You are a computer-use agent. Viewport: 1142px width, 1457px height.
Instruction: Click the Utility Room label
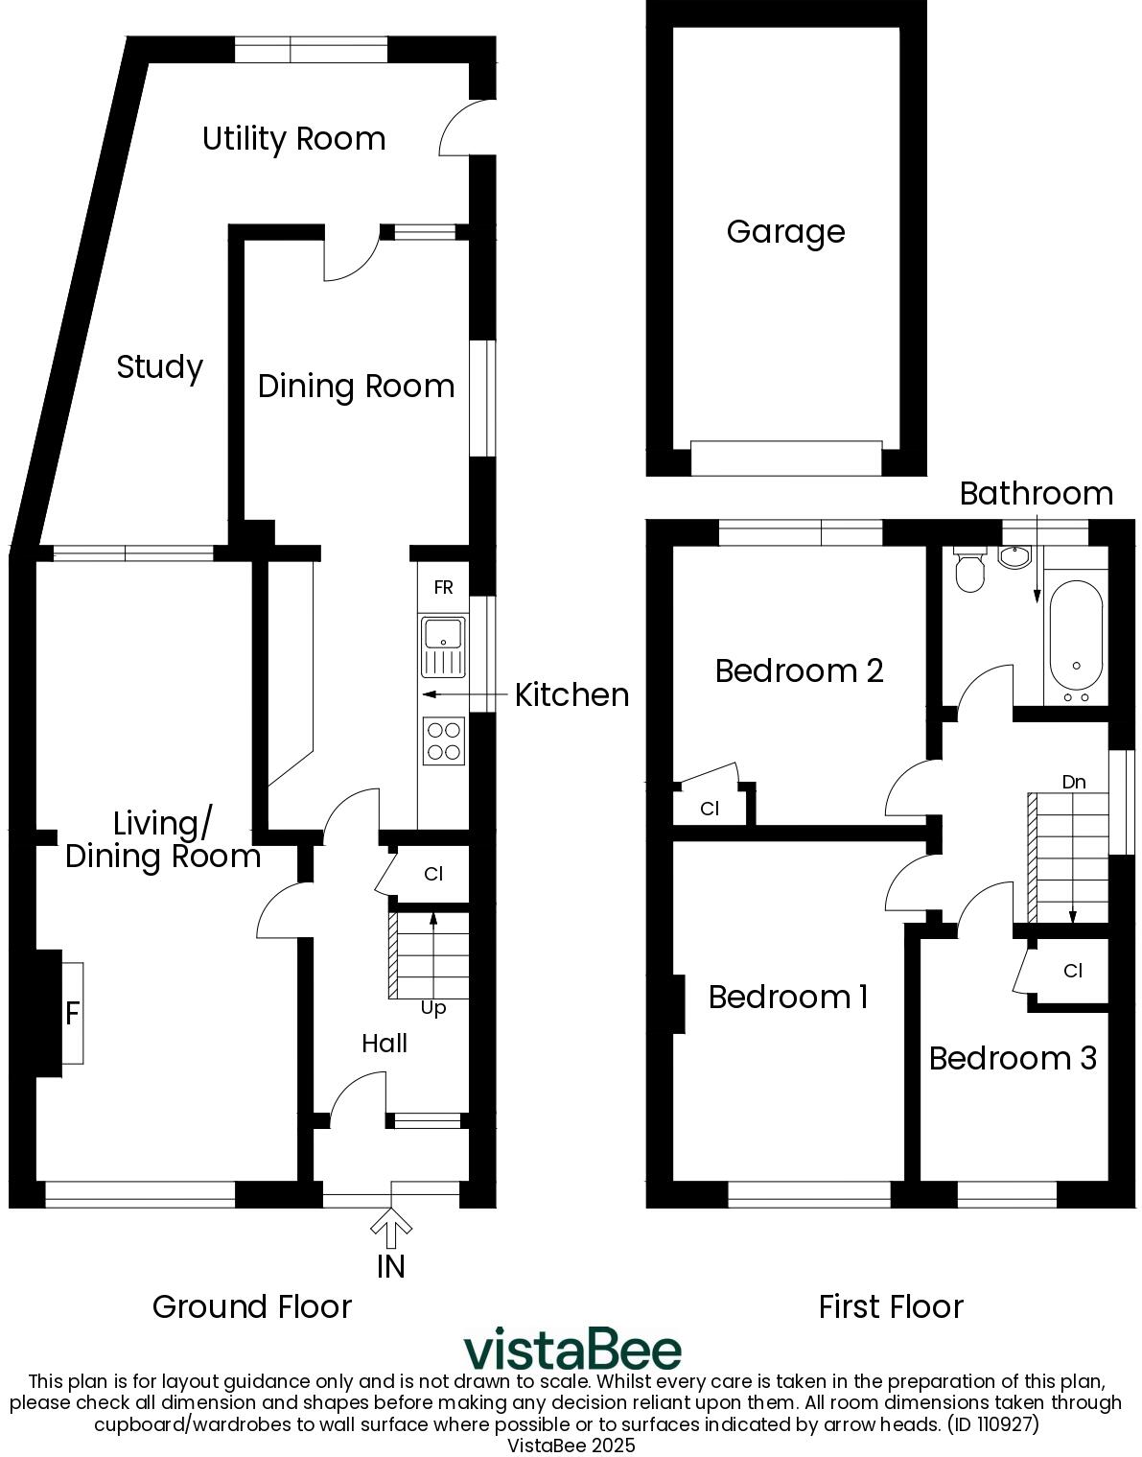coord(293,139)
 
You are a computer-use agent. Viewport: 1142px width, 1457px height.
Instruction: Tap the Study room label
coord(159,367)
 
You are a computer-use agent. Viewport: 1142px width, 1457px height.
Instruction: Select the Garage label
coord(785,232)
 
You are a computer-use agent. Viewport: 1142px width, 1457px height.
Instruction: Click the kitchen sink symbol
coord(443,646)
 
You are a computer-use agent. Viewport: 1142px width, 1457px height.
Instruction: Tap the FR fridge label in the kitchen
coord(443,588)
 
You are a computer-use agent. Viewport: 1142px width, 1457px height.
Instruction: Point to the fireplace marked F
coord(72,1013)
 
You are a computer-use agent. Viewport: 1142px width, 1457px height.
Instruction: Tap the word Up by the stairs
coord(433,1008)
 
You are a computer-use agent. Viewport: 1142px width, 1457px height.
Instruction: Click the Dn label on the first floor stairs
coord(1074,782)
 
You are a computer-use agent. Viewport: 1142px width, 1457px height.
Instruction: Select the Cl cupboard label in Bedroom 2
coord(710,809)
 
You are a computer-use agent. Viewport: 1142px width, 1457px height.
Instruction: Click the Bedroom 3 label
coord(1013,1058)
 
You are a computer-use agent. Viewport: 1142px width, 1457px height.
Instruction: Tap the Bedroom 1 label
coord(788,998)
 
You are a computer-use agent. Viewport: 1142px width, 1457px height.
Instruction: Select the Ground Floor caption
coord(252,1306)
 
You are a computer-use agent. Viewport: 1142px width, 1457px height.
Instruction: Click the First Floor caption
coord(891,1306)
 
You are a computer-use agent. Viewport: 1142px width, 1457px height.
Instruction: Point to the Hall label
coord(385,1044)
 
